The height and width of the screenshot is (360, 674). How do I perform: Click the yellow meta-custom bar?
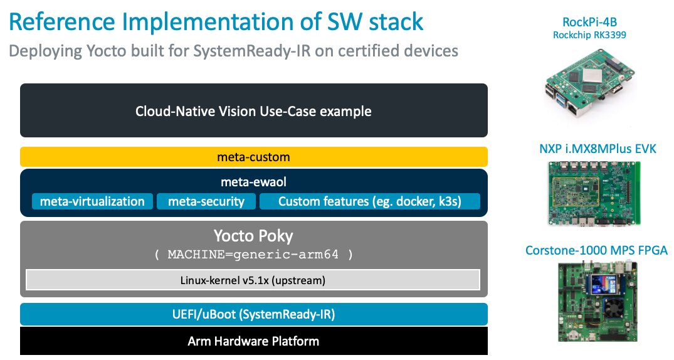click(x=253, y=157)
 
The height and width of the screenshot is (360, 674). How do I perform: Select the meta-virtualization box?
click(x=92, y=201)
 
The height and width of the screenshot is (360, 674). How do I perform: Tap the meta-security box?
click(x=206, y=201)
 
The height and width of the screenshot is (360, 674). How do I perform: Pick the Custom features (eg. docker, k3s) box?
click(x=370, y=201)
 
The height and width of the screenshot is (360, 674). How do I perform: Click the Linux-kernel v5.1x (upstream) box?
click(x=253, y=279)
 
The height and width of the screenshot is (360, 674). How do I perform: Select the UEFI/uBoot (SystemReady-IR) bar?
click(x=253, y=314)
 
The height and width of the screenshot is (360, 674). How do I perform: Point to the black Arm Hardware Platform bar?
click(x=253, y=342)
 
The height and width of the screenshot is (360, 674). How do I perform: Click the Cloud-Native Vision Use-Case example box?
click(x=253, y=111)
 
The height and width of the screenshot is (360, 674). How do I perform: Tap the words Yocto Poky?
click(x=253, y=237)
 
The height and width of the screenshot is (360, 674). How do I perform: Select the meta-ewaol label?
click(x=253, y=183)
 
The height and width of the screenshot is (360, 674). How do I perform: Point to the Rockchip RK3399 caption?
click(x=589, y=35)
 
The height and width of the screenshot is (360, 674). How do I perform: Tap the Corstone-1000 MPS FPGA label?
click(x=596, y=251)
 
